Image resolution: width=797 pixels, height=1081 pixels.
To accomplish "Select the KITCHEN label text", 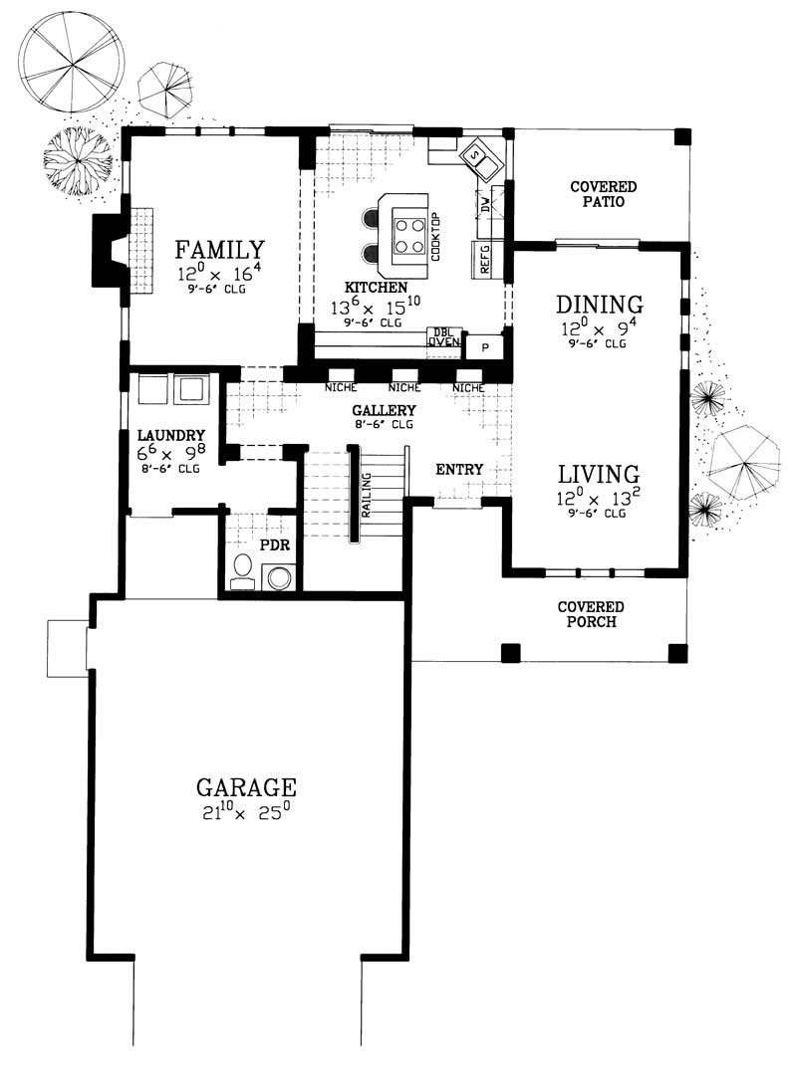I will click(365, 286).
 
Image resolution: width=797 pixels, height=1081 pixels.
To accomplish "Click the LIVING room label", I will click(598, 473).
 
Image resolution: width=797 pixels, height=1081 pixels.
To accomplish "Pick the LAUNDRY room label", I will click(171, 435).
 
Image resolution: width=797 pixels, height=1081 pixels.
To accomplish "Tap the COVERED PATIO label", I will click(603, 193).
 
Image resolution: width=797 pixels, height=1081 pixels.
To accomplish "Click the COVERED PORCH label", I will click(591, 614).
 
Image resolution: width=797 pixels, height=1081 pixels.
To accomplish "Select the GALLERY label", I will click(383, 410).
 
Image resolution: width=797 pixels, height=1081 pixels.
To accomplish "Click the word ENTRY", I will click(459, 469).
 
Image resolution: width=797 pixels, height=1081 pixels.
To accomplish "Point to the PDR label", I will click(274, 546).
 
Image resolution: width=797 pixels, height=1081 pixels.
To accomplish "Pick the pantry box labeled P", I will click(485, 345).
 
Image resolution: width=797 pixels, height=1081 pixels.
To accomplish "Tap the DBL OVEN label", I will click(443, 337).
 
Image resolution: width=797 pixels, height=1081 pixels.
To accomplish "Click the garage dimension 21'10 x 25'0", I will click(246, 813).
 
